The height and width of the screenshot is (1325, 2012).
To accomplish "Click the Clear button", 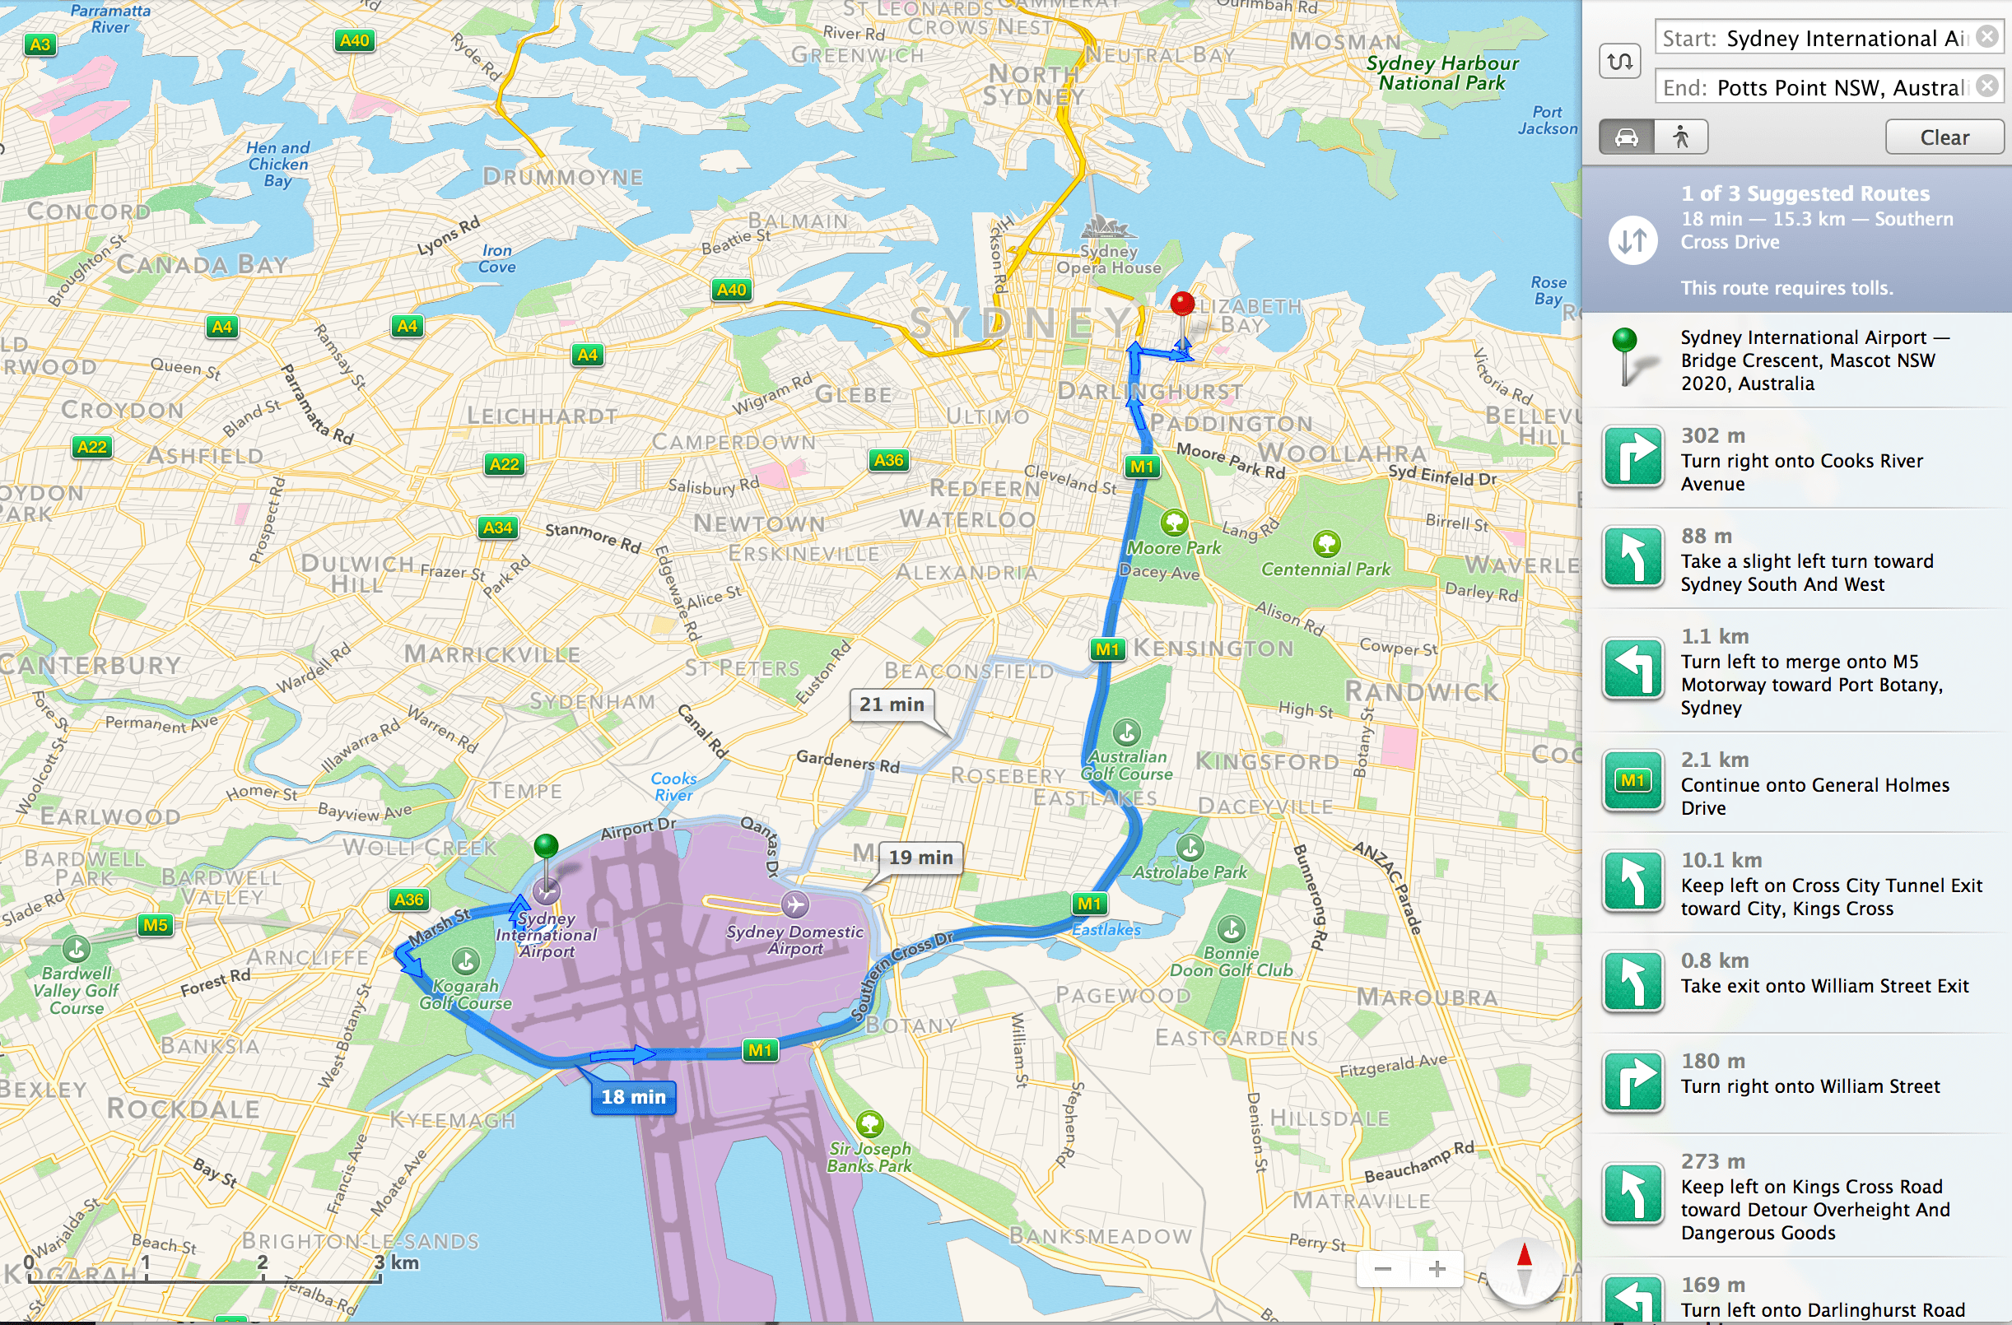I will point(1944,137).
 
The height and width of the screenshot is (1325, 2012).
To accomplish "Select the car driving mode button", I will point(1626,137).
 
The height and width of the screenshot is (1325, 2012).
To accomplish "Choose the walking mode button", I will point(1680,137).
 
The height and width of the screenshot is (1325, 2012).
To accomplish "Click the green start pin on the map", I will point(546,844).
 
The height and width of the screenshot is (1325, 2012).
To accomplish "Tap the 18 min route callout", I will point(633,1097).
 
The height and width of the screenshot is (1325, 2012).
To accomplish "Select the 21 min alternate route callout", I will point(891,704).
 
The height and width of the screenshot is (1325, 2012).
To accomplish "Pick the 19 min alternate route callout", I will point(920,857).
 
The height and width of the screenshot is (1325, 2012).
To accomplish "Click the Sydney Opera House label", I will point(1108,258).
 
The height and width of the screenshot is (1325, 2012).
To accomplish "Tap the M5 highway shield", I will point(155,924).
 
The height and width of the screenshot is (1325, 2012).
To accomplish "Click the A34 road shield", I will point(497,528).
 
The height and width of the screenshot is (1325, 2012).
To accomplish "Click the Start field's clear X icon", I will point(1987,37).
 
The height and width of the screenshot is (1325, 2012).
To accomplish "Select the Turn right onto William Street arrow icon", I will point(1632,1081).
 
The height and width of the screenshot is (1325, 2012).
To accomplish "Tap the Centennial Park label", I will point(1325,569).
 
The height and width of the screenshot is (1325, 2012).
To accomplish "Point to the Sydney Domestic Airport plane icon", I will point(794,904).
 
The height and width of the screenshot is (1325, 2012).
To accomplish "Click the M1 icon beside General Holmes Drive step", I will point(1632,781).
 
